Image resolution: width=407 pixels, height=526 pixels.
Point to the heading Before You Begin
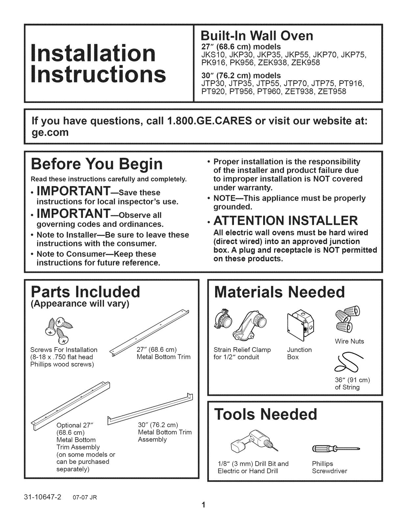point(97,164)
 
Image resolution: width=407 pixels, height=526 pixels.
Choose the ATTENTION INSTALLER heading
point(286,221)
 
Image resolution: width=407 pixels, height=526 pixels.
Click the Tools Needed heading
point(266,414)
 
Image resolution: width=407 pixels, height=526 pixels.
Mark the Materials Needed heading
point(280,292)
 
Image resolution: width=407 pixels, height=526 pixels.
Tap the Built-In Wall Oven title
point(257,36)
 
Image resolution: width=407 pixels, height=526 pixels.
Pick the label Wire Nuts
point(349,341)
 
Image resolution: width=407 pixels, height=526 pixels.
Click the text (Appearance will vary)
point(80,303)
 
